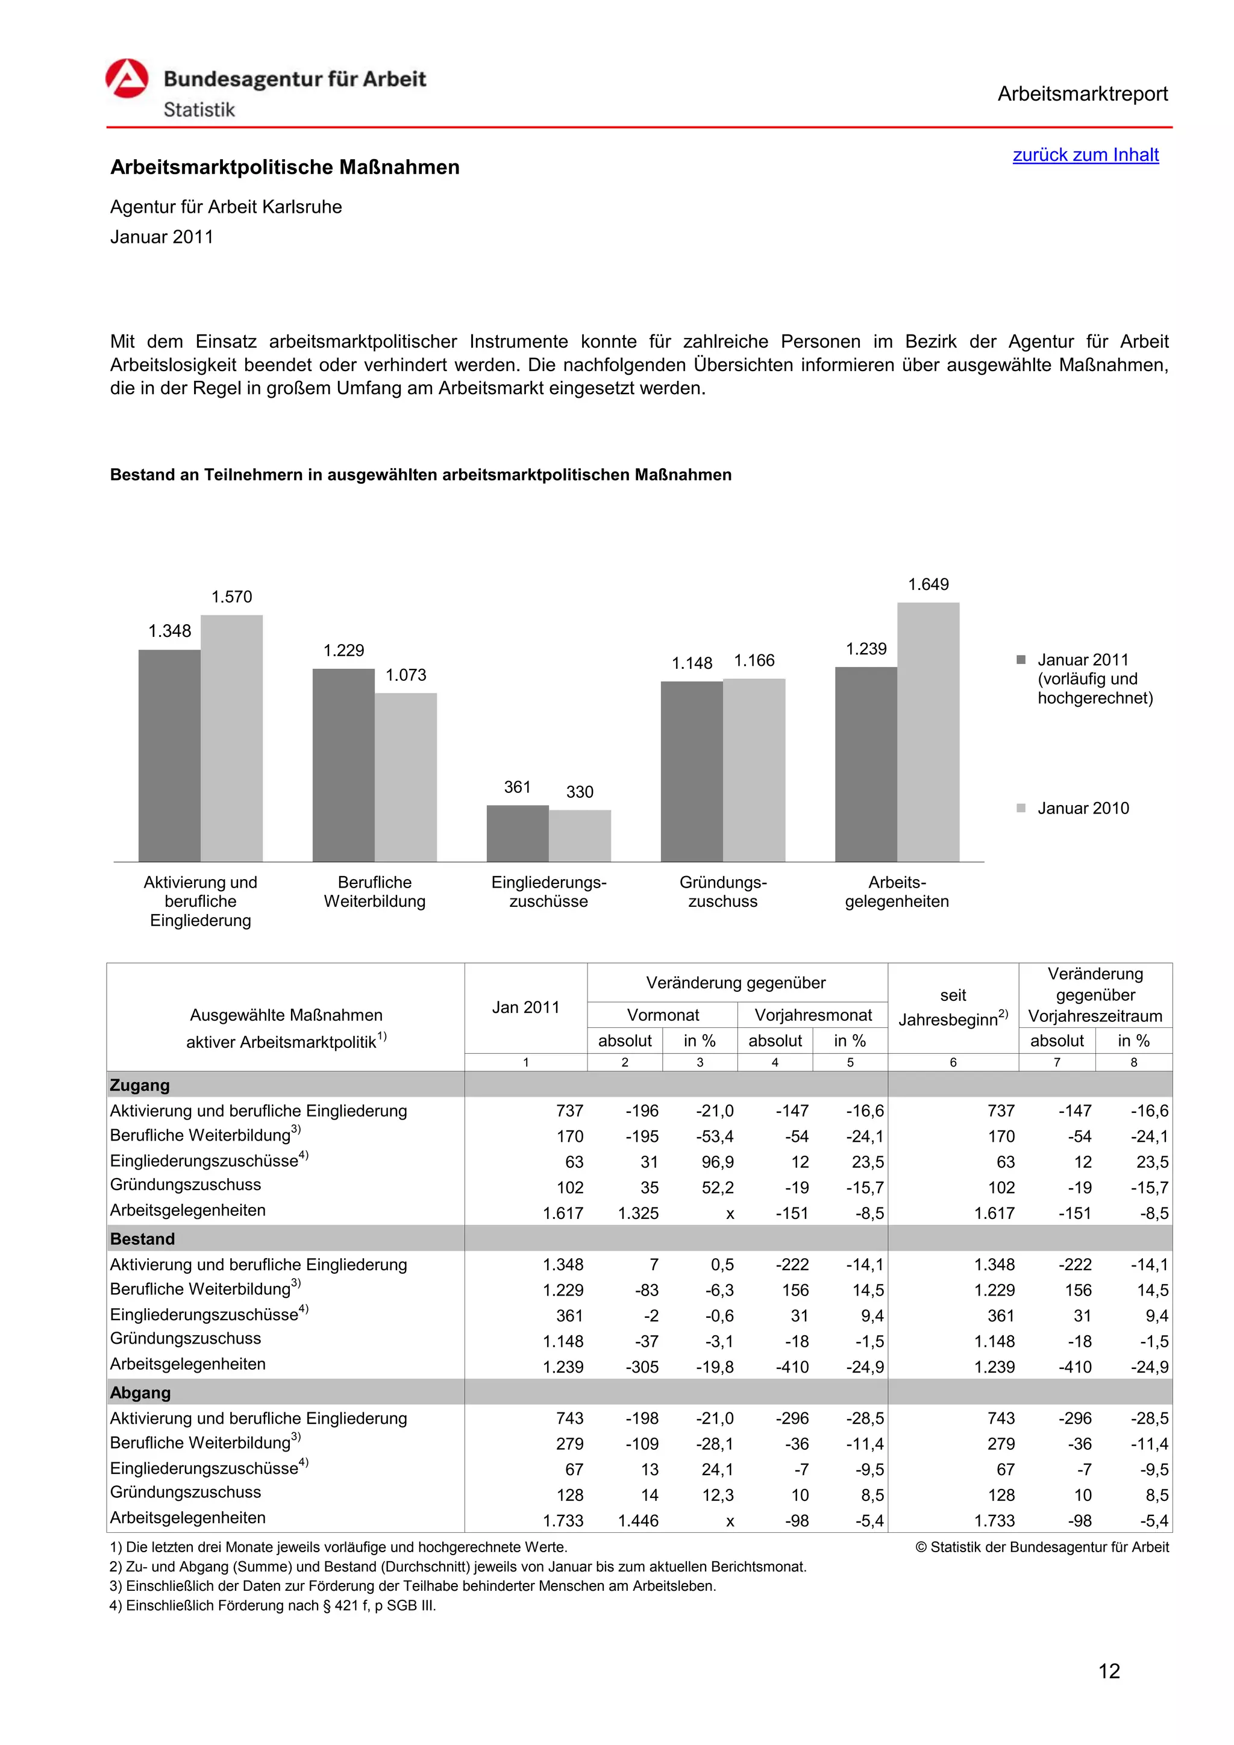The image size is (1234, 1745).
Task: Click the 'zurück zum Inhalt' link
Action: (1085, 155)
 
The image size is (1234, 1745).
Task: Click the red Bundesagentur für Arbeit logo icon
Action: (127, 78)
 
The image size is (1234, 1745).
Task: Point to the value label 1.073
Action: (406, 675)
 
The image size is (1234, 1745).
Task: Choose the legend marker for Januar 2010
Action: (1021, 808)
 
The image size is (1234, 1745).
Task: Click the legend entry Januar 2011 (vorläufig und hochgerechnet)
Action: (1094, 678)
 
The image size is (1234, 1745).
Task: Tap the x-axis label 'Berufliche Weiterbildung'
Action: (375, 892)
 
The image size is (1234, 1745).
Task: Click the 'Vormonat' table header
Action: (663, 1015)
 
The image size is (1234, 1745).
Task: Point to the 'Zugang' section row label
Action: (140, 1085)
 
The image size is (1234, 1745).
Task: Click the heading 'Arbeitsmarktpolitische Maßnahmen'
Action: (285, 167)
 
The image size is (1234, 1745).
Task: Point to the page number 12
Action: (1109, 1670)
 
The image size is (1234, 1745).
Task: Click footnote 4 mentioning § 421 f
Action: (274, 1606)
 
